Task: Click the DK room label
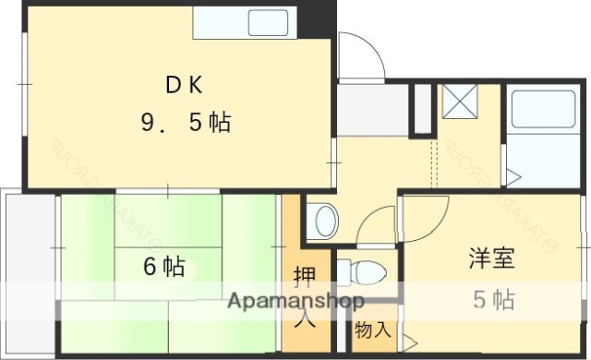(185, 85)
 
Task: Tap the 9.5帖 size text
(185, 123)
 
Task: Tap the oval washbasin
(324, 222)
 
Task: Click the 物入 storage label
(373, 329)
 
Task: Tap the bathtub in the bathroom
(543, 109)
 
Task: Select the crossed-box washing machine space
(457, 102)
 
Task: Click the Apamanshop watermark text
(295, 301)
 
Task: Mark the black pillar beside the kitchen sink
(320, 18)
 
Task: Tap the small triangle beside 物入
(409, 342)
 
